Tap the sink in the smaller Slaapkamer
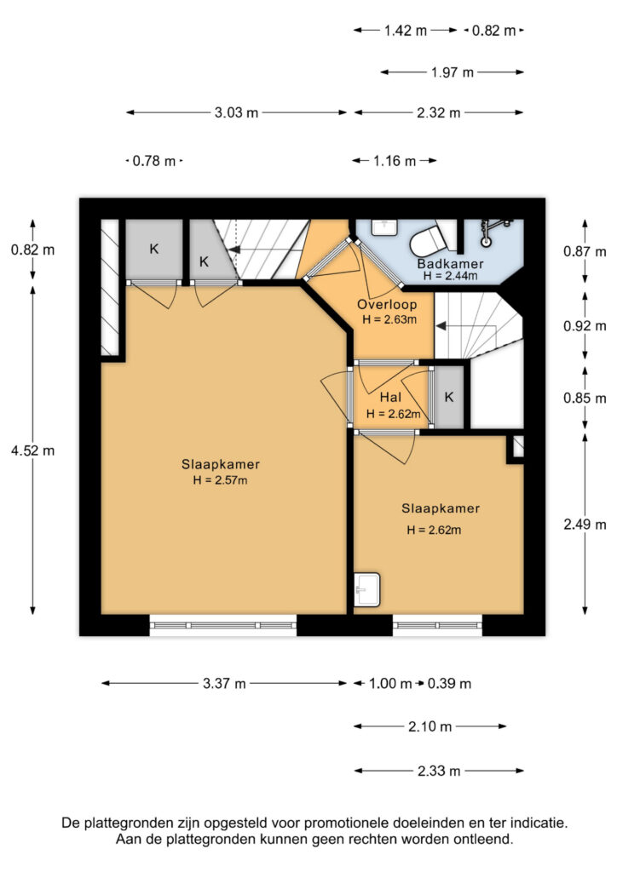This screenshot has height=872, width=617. tap(367, 589)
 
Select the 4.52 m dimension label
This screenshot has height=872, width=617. tap(33, 450)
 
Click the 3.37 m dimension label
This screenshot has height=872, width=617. tap(224, 683)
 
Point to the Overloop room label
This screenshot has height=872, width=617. tap(387, 304)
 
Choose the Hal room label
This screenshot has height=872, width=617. tap(390, 397)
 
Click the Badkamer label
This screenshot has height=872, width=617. tap(450, 264)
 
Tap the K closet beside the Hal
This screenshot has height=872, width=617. tap(449, 397)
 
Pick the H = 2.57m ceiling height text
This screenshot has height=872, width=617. tap(221, 480)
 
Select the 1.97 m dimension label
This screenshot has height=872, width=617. tap(453, 72)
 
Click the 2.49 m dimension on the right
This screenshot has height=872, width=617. tap(585, 525)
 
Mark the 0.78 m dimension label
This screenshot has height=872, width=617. tap(154, 161)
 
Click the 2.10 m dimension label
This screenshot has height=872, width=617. tap(430, 726)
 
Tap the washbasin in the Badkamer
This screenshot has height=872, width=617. tap(383, 227)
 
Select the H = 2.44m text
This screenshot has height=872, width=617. tap(450, 276)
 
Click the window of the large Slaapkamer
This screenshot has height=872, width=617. tap(223, 626)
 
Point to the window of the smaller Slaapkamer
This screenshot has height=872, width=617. tap(437, 626)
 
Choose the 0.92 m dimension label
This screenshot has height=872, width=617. tap(585, 326)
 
